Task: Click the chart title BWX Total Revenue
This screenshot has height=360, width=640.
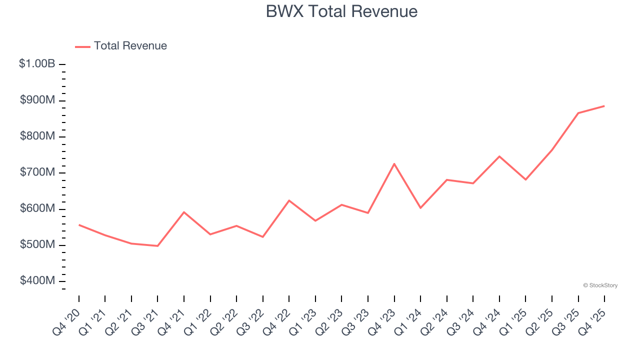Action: coord(341,11)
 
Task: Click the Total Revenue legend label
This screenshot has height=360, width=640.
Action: coord(130,46)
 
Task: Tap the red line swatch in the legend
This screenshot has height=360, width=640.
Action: coord(82,46)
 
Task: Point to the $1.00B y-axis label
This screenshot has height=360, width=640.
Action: coord(37,64)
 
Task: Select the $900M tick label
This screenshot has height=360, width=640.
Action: coord(37,100)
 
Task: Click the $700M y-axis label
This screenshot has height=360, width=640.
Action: coord(37,172)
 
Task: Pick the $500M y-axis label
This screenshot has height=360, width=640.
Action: coord(37,245)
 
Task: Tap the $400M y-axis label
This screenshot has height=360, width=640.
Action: coord(37,281)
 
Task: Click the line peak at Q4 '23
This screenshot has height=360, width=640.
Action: coord(394,163)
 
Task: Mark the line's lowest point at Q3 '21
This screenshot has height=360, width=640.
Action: coord(157,246)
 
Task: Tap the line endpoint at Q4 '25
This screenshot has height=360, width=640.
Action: coord(604,106)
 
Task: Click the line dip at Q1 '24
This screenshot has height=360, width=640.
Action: coord(420,208)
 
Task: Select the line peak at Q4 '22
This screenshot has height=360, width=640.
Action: coord(289,200)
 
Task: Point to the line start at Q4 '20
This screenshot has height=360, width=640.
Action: coord(79,225)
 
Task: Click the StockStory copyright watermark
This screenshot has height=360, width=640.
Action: coord(600,285)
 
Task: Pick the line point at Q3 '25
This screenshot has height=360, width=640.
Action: coord(578,113)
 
